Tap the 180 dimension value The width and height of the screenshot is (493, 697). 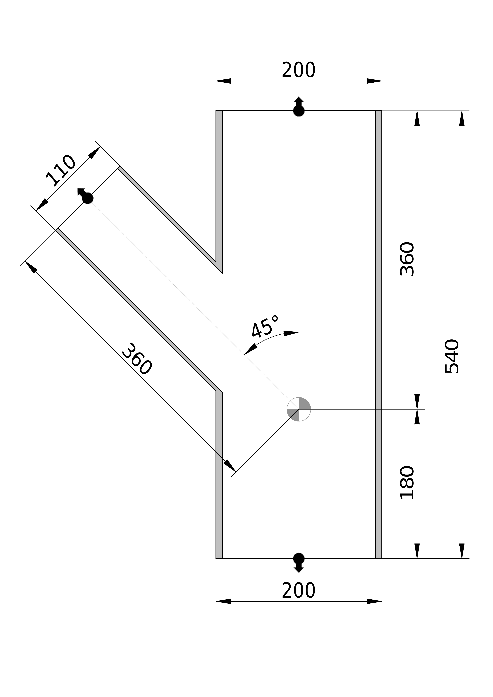(407, 483)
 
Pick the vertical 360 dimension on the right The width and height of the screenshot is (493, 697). (407, 259)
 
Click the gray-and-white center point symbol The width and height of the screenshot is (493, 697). (299, 409)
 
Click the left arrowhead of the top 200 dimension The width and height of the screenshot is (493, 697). (223, 81)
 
